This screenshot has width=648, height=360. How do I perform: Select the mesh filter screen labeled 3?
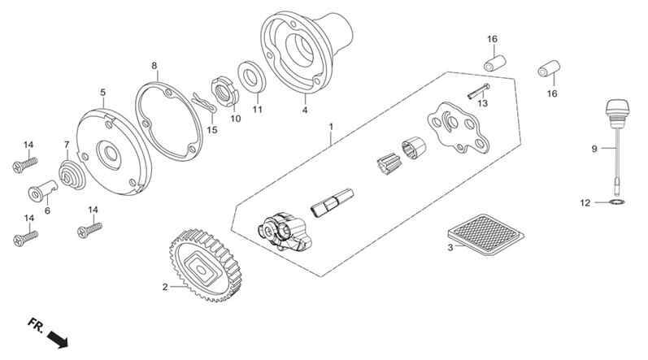pyautogui.click(x=486, y=234)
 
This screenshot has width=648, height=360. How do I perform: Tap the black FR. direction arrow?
pyautogui.click(x=58, y=339)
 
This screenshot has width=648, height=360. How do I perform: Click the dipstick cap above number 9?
pyautogui.click(x=616, y=110)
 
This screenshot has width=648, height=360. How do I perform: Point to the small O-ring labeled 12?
pyautogui.click(x=617, y=202)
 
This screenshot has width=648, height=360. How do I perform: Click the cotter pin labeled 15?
pyautogui.click(x=204, y=104)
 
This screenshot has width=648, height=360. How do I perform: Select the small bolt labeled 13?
pyautogui.click(x=479, y=91)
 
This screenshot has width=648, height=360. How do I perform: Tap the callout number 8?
pyautogui.click(x=154, y=66)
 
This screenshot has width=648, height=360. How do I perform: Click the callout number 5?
pyautogui.click(x=103, y=93)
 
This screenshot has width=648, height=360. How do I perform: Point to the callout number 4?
pyautogui.click(x=305, y=111)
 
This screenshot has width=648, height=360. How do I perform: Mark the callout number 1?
pyautogui.click(x=331, y=126)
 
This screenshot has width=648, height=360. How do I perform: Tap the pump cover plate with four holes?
pyautogui.click(x=458, y=127)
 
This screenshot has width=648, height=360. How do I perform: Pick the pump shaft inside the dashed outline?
pyautogui.click(x=332, y=202)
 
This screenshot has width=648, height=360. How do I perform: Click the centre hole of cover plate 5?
pyautogui.click(x=111, y=154)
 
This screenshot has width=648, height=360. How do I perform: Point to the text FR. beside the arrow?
pyautogui.click(x=36, y=325)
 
